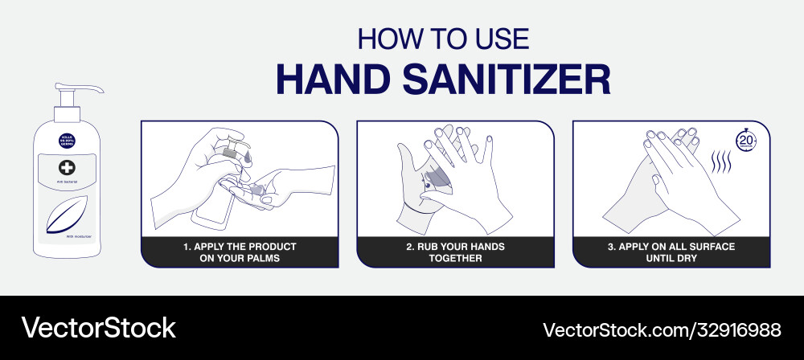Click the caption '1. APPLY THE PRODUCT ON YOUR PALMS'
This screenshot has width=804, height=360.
pos(239,252)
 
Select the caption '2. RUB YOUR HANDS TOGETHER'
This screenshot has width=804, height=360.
pos(455,252)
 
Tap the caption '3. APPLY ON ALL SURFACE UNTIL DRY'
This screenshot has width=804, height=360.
pos(671,252)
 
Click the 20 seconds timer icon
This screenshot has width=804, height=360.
pos(746,138)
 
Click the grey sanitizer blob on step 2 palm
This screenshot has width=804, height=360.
pos(438,182)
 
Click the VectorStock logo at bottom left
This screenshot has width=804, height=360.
pos(98,327)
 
